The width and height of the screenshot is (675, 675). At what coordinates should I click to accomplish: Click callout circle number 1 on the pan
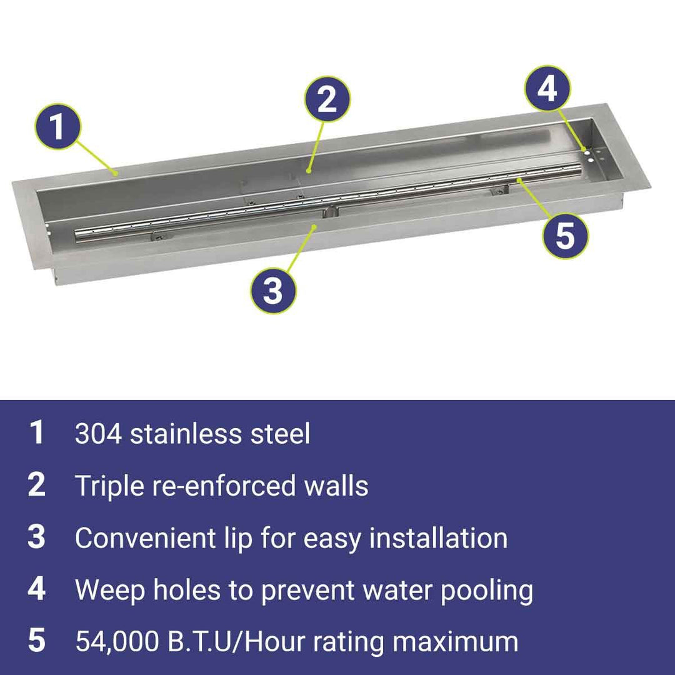57,126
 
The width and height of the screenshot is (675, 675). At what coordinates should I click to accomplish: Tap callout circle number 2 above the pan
327,99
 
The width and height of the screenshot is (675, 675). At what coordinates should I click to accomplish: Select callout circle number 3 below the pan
274,290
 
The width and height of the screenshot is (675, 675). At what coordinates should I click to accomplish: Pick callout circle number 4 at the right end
547,89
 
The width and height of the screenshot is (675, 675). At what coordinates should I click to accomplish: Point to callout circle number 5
565,236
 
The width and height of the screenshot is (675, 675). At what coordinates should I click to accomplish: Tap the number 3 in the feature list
37,537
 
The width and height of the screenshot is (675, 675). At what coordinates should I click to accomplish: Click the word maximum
455,642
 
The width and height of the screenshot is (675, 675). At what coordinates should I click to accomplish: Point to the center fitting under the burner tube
331,211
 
